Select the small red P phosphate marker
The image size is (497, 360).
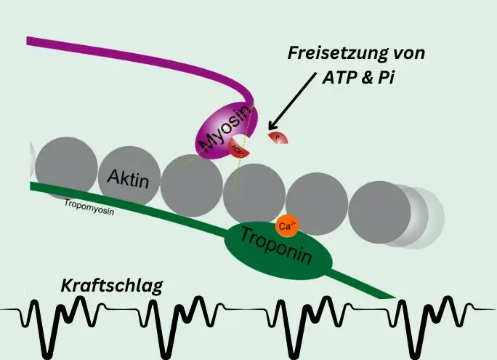point(277,137)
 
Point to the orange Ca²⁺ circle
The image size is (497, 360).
point(286,226)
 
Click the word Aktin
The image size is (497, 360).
point(128,177)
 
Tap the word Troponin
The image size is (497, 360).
point(277,246)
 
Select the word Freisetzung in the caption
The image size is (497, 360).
point(331,54)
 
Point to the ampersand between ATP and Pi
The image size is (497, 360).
point(371,78)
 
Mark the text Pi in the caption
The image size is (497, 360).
point(393,78)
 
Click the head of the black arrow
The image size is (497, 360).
point(271,124)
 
